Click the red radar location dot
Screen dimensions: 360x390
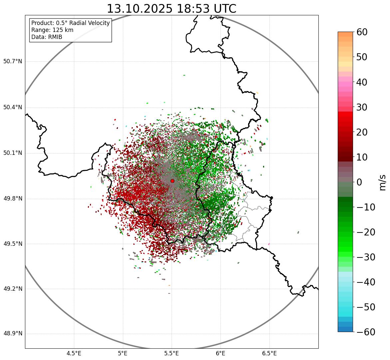tap(172, 181)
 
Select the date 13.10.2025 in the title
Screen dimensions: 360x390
tap(140, 9)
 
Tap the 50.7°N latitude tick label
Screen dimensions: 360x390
tap(13, 62)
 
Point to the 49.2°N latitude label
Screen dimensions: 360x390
tap(13, 289)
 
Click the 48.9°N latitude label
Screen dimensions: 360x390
tap(13, 334)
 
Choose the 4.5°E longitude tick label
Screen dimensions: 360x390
tap(74, 353)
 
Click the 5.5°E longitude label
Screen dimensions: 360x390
tap(172, 353)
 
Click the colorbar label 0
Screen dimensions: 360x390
tap(359, 182)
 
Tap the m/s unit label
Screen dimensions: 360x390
tap(383, 182)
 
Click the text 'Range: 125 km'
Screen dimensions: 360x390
tap(52, 30)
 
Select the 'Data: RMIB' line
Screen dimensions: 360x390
tap(47, 37)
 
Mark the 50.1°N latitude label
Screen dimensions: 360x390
tap(13, 153)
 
